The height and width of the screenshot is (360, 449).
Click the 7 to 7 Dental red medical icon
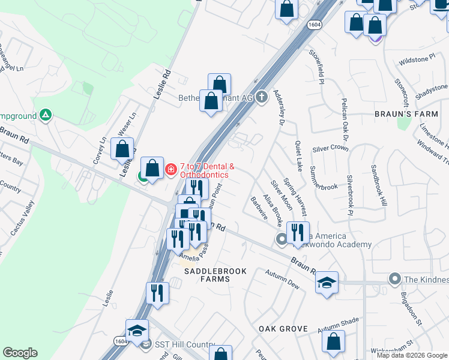(x=171, y=170)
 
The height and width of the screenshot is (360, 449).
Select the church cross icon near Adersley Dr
(x=261, y=97)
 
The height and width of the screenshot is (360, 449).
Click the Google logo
(x=20, y=352)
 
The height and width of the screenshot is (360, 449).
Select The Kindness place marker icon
(x=394, y=278)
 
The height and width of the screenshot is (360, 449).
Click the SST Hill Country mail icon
(x=145, y=345)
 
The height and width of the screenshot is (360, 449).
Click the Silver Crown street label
(x=330, y=148)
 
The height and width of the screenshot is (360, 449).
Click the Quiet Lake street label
(x=298, y=157)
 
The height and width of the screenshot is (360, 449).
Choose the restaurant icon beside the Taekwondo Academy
(x=298, y=232)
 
